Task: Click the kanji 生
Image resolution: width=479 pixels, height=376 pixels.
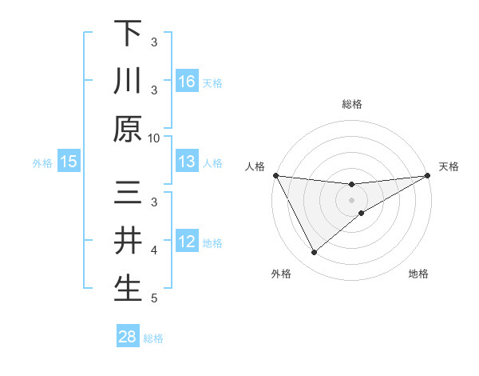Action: (128, 289)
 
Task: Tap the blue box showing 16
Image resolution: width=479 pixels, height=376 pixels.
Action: (187, 81)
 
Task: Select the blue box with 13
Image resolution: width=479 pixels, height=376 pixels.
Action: (187, 162)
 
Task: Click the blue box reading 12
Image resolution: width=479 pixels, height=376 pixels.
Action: (187, 242)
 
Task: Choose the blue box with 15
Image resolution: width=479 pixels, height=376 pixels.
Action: (69, 162)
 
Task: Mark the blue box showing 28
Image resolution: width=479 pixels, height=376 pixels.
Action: (128, 337)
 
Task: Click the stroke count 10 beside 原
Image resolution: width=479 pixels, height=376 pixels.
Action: (153, 138)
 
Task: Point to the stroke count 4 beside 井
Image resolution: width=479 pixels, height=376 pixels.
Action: (154, 250)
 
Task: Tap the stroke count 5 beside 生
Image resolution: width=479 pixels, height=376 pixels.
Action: (154, 298)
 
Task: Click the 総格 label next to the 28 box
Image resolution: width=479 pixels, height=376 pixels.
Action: (153, 338)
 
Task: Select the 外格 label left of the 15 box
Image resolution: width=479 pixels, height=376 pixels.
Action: (42, 163)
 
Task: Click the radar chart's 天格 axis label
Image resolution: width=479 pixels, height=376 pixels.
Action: (449, 166)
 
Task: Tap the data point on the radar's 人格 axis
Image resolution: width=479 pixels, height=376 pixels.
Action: (275, 175)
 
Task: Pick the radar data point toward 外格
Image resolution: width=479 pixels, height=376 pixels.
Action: (314, 253)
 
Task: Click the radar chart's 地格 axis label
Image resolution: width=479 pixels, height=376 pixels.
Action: (418, 274)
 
